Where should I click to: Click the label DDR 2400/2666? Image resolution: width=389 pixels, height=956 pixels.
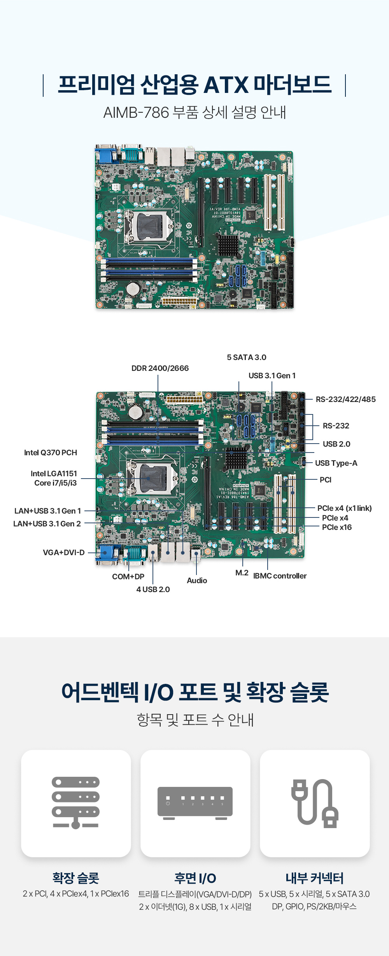160,368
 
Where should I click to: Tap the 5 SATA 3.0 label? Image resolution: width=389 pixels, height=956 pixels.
247,357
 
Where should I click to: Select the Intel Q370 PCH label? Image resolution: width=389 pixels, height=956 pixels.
51,453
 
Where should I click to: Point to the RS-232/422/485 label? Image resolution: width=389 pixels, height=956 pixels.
346,399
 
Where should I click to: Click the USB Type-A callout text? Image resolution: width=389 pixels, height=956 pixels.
336,463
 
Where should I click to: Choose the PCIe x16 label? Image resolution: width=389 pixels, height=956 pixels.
337,527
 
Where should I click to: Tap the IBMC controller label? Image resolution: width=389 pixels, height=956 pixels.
280,576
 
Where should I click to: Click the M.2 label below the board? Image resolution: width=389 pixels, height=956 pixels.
242,573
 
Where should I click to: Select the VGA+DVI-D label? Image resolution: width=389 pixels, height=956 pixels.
64,552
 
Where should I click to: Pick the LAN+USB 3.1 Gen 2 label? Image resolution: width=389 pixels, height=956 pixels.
47,524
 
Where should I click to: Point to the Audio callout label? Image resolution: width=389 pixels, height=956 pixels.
197,580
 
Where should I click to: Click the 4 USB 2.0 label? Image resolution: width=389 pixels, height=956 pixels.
153,589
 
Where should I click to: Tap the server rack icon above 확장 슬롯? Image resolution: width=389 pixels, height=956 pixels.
76,802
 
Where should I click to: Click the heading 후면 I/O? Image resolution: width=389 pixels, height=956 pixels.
195,878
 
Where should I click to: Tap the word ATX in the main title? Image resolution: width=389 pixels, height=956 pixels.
226,85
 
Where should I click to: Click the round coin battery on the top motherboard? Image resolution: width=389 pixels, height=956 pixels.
133,288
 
